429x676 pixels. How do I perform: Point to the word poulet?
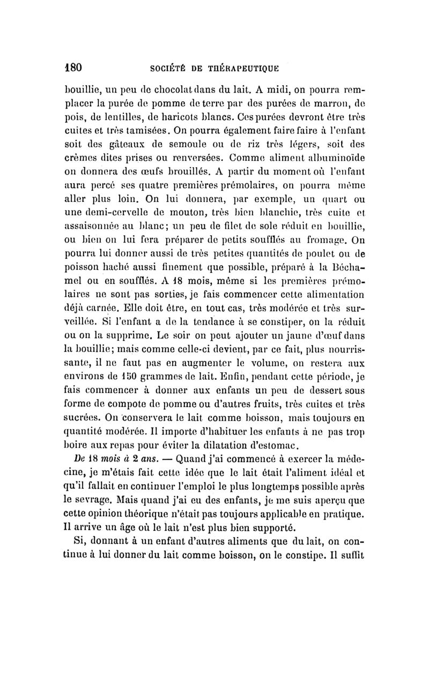pos(335,259)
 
